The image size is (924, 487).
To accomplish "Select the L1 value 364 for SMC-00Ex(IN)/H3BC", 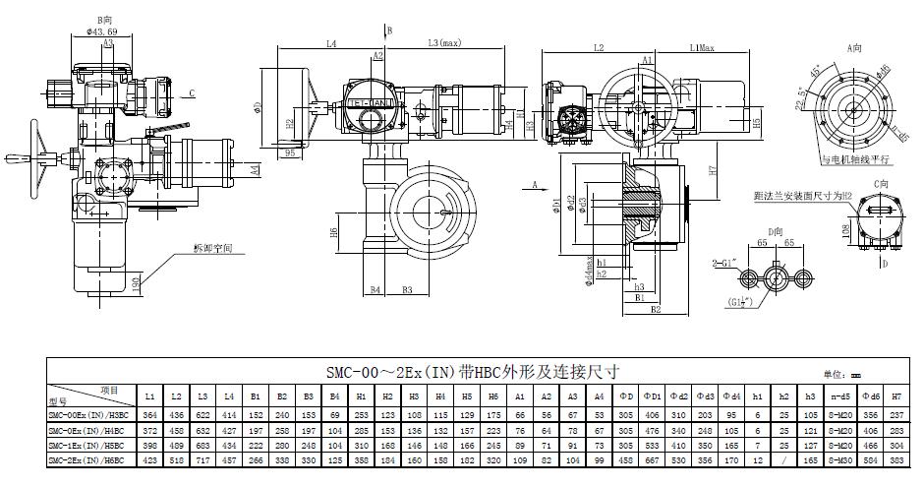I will [x=150, y=415].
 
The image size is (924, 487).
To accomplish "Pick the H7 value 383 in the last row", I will [x=895, y=459].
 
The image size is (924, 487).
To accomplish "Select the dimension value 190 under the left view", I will [x=135, y=283].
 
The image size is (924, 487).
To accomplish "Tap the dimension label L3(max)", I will [x=444, y=42].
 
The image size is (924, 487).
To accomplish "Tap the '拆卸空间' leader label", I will [x=213, y=248].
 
